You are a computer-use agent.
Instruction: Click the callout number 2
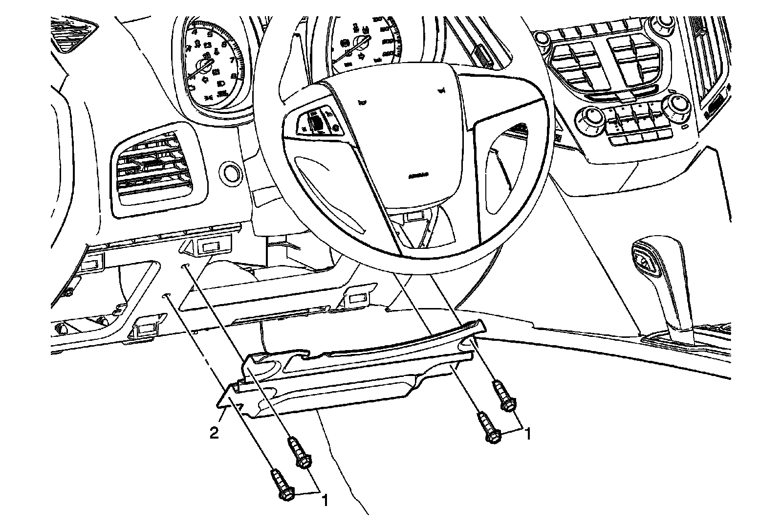[214, 433]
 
